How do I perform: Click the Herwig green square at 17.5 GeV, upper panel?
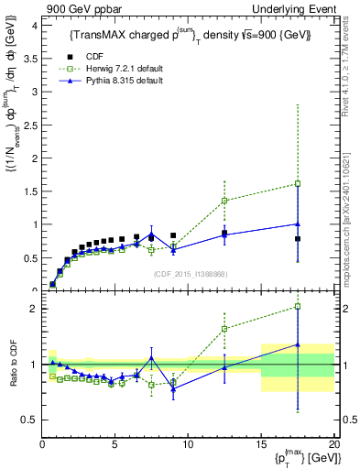298,183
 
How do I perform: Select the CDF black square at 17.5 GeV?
298,238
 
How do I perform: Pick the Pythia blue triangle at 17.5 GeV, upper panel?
298,223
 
